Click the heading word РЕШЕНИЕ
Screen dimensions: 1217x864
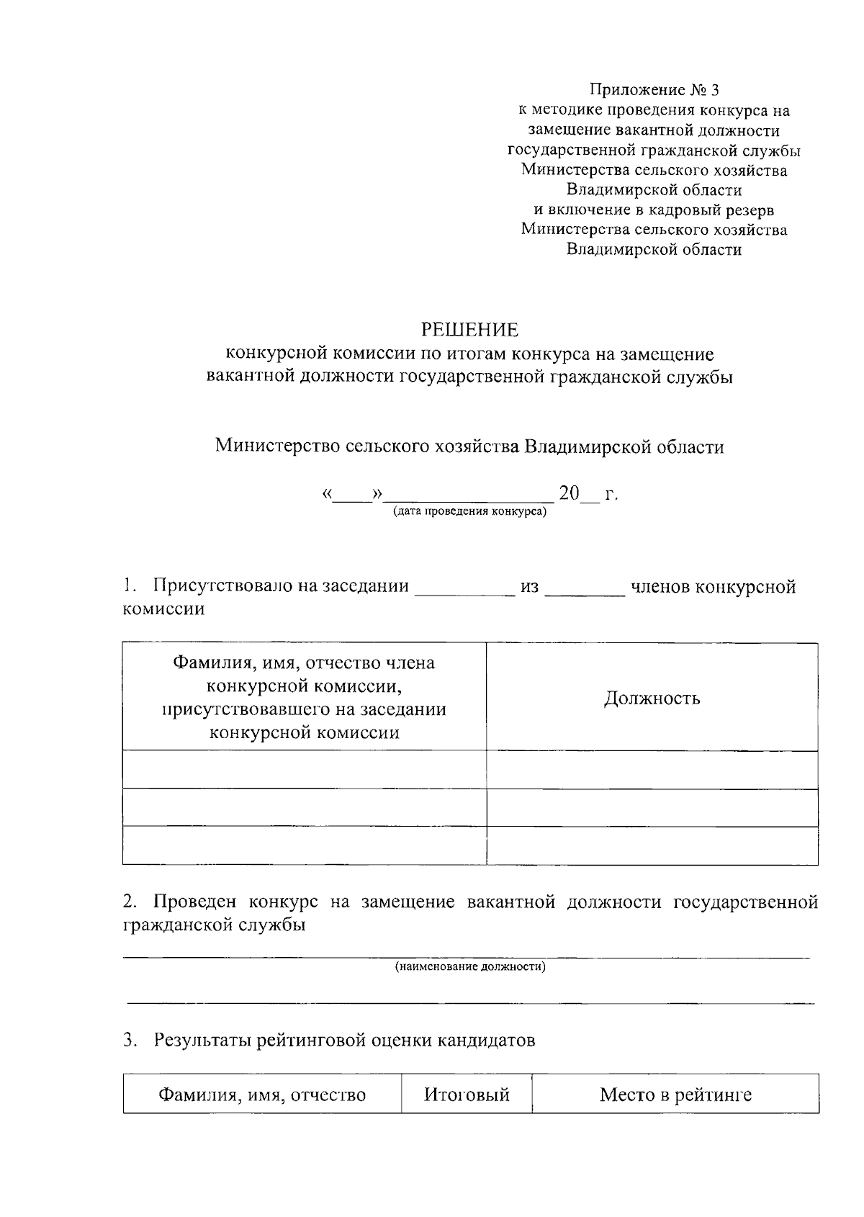[x=469, y=330]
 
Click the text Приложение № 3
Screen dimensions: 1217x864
[x=654, y=90]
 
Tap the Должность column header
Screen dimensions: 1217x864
[x=652, y=698]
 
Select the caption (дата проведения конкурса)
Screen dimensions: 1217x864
[x=469, y=512]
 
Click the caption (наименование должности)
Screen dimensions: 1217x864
[x=469, y=966]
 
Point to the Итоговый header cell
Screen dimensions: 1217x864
[x=467, y=1095]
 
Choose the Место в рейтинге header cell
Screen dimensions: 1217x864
[x=675, y=1095]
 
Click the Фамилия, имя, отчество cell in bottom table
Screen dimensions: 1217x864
[x=262, y=1095]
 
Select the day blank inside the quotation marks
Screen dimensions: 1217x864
[x=353, y=495]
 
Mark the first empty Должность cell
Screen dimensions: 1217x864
[x=652, y=770]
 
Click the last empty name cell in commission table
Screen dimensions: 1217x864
[x=304, y=845]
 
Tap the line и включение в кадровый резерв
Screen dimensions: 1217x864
[x=654, y=210]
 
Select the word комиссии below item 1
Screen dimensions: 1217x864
[x=163, y=609]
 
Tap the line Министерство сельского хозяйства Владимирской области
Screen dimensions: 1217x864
[x=469, y=446]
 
